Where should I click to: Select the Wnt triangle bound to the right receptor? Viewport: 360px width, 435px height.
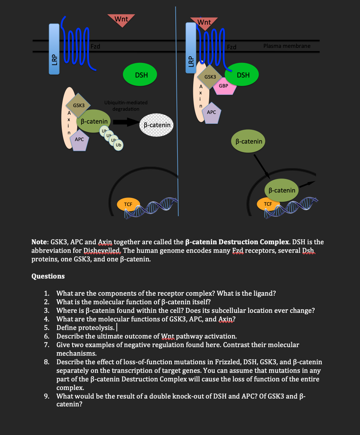204,22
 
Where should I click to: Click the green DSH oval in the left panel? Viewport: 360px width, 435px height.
141,75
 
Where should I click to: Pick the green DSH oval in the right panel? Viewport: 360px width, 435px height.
243,75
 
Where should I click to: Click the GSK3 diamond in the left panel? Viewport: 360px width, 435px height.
79,105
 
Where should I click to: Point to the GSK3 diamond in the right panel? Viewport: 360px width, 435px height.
210,77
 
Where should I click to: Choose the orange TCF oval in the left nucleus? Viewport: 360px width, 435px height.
128,204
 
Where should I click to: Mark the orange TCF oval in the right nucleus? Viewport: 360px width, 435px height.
267,204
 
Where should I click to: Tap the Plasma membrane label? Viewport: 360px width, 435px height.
286,46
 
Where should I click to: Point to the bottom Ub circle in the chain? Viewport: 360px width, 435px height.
119,145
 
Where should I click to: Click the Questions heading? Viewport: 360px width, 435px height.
48,276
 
